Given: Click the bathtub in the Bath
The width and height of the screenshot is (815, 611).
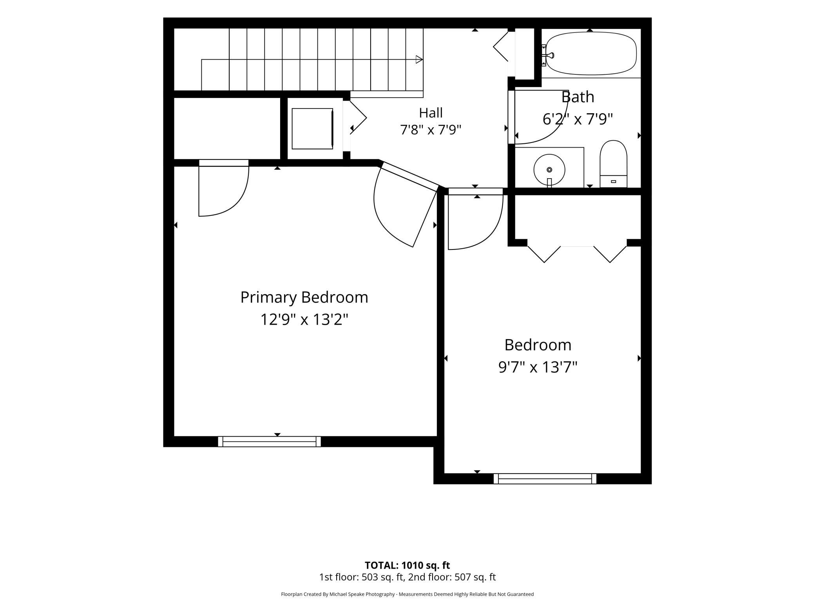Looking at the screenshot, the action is (x=591, y=53).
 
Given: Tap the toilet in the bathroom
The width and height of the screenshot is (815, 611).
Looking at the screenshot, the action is (x=613, y=164).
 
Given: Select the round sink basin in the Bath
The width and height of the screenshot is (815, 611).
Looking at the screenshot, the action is (x=549, y=170).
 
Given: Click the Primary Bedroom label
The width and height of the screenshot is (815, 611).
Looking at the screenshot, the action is (x=304, y=297).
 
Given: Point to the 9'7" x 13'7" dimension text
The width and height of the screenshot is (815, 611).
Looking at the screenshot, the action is (x=538, y=367).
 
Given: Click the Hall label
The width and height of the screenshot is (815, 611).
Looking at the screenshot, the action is (x=431, y=113).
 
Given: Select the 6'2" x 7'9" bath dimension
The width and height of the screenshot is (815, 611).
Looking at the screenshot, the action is (x=578, y=119).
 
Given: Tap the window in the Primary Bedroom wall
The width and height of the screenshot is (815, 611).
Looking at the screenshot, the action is (x=269, y=441).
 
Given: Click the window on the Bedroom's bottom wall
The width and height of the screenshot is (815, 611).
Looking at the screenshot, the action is (x=545, y=479).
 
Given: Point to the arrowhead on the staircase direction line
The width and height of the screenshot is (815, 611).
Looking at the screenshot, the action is (x=419, y=60).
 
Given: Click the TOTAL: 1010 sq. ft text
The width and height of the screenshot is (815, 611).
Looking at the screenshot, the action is (x=407, y=565).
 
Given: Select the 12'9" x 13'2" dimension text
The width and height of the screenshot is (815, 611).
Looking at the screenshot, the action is (x=304, y=320).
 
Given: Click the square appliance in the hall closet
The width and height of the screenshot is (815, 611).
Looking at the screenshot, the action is (x=312, y=128).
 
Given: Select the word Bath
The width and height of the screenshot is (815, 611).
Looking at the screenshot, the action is (x=578, y=97).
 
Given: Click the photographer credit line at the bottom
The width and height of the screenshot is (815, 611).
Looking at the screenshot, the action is (x=407, y=594).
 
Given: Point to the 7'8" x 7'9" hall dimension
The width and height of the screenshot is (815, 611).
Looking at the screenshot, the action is (x=431, y=129).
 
